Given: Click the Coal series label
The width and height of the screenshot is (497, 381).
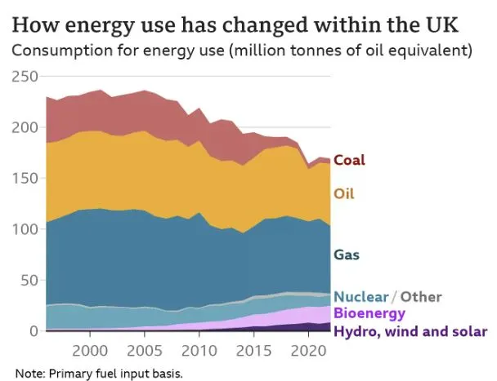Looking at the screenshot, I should [349, 160].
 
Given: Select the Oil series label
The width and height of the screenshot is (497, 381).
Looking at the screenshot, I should [345, 194].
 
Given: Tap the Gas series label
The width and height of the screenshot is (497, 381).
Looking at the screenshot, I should [347, 255].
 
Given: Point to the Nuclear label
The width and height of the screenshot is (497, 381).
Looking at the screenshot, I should [361, 297].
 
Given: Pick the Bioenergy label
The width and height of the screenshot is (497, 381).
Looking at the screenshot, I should [370, 313].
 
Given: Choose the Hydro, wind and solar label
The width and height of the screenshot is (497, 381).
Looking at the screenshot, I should [410, 331].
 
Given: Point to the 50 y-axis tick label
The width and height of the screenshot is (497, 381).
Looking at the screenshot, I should [29, 281].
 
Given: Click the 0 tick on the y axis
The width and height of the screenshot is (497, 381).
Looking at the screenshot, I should [34, 331].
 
